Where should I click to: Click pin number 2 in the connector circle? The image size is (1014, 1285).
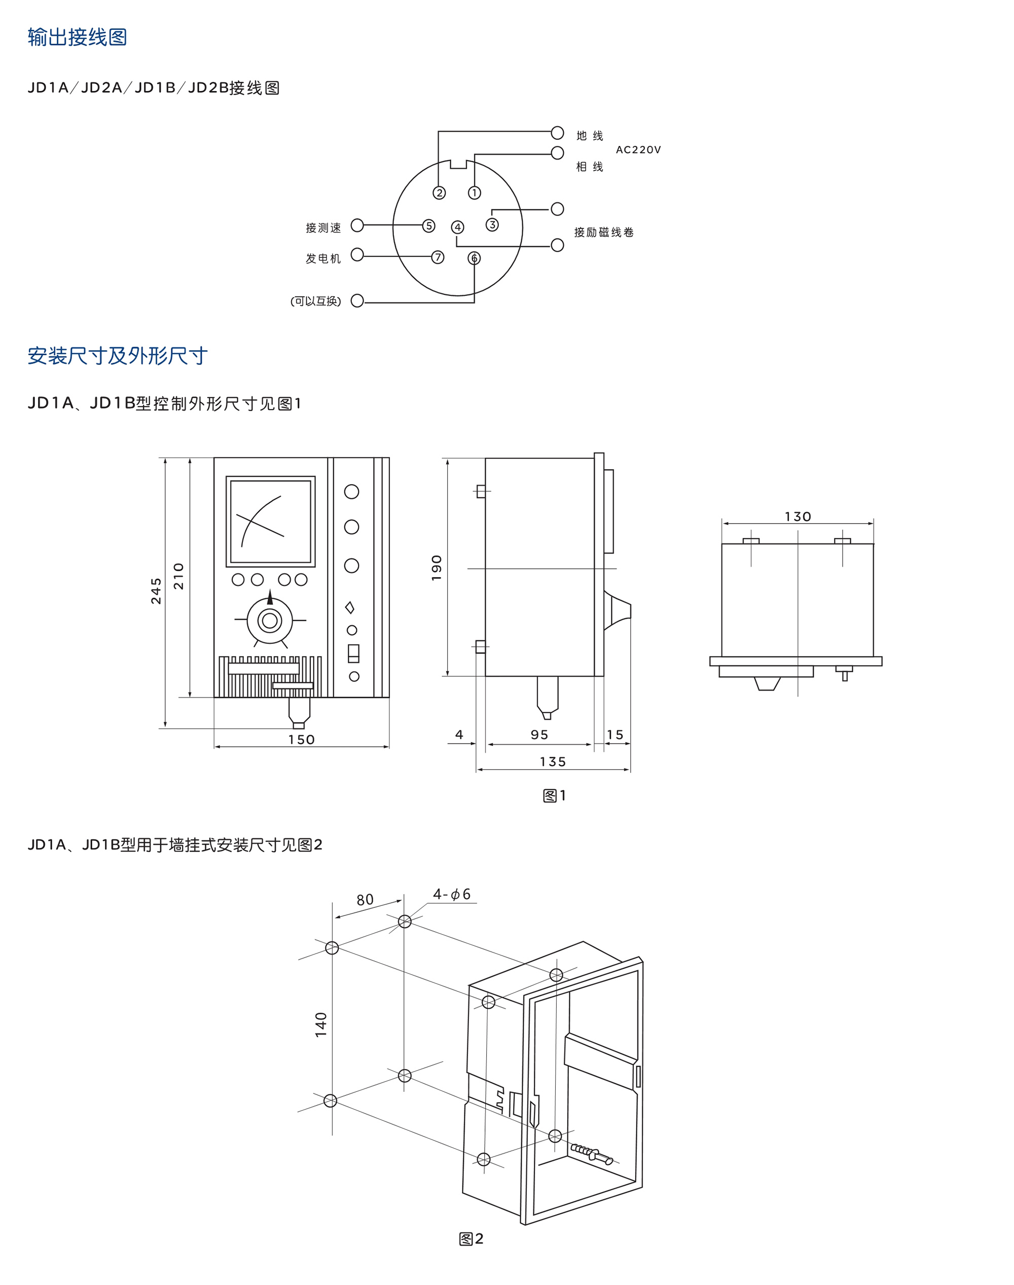(x=440, y=193)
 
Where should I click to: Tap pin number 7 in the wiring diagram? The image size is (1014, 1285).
(x=438, y=257)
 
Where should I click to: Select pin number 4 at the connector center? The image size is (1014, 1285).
(x=457, y=227)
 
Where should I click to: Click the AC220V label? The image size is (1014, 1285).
(x=638, y=150)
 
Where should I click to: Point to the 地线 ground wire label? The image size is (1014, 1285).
(x=590, y=136)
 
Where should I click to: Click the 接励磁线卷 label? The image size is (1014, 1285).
(x=604, y=232)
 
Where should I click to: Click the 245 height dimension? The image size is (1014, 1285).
(x=156, y=591)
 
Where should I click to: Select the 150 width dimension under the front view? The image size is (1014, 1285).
(x=302, y=740)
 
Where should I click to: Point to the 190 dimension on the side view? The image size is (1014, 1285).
(x=437, y=568)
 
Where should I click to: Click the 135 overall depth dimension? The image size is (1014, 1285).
(x=553, y=761)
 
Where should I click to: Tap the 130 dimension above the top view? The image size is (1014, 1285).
(x=798, y=517)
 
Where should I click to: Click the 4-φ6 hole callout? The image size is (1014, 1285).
(x=452, y=894)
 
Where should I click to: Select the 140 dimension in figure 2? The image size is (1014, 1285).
(x=321, y=1024)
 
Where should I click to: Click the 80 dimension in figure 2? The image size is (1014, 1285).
(x=365, y=900)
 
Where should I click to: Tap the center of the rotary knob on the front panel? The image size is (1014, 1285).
(x=270, y=621)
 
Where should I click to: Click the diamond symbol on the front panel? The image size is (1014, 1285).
(x=350, y=608)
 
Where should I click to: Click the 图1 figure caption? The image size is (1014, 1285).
(x=555, y=795)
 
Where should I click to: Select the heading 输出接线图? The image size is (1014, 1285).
(x=77, y=37)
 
